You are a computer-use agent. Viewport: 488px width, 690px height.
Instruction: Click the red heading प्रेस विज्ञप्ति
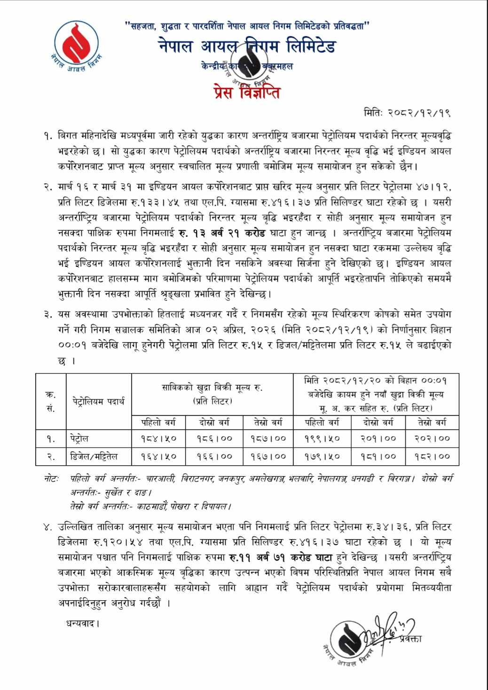point(246,91)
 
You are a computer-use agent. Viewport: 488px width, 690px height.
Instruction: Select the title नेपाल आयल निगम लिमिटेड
point(246,47)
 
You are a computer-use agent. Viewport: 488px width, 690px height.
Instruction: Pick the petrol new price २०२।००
point(432,439)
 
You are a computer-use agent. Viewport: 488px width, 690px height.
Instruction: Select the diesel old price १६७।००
point(268,456)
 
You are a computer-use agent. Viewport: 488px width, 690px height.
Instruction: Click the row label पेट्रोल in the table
point(79,439)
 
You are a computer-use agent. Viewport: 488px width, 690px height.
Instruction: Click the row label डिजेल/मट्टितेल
point(94,456)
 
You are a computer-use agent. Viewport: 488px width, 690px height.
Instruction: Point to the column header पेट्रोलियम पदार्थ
point(99,401)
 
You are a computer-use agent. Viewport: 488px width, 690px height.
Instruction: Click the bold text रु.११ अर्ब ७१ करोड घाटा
point(281,558)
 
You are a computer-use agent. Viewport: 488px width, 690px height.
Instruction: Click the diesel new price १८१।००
point(378,456)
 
